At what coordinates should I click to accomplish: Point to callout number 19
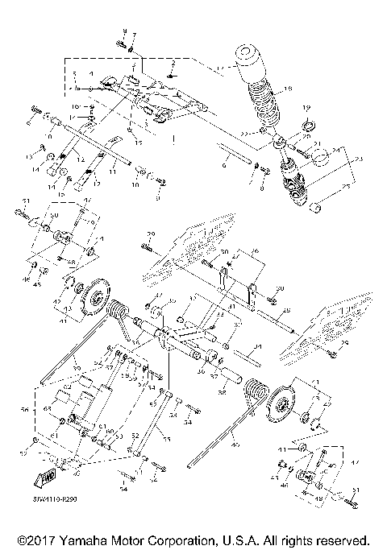click(x=306, y=107)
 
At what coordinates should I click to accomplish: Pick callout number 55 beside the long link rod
click(x=168, y=440)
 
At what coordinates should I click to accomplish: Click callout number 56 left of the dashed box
click(x=25, y=410)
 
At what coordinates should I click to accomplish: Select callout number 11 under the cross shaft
click(x=113, y=172)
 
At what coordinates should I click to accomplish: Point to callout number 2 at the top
click(x=172, y=62)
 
